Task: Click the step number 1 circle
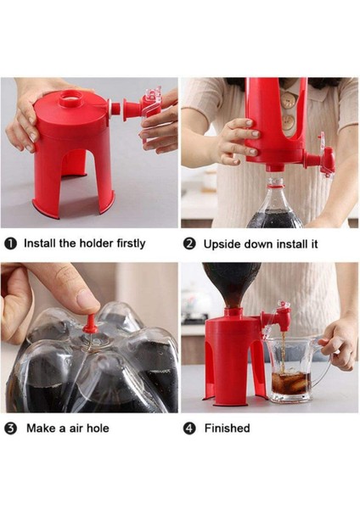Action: point(11,244)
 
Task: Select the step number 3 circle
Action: point(11,428)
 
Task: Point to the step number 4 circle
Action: point(189,428)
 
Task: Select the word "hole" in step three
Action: point(97,428)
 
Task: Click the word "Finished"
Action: point(227,428)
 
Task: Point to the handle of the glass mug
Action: point(325,361)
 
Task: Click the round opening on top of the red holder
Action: point(70,96)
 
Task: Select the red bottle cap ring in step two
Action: point(276,184)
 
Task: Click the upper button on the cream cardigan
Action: point(288,99)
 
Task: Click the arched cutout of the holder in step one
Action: point(74,162)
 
